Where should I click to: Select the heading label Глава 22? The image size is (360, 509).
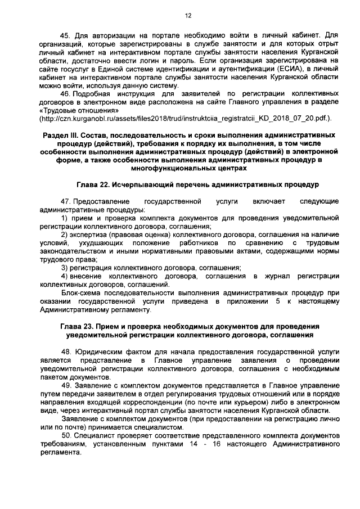tap(94, 184)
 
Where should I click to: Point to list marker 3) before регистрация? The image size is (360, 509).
tap(65, 268)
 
